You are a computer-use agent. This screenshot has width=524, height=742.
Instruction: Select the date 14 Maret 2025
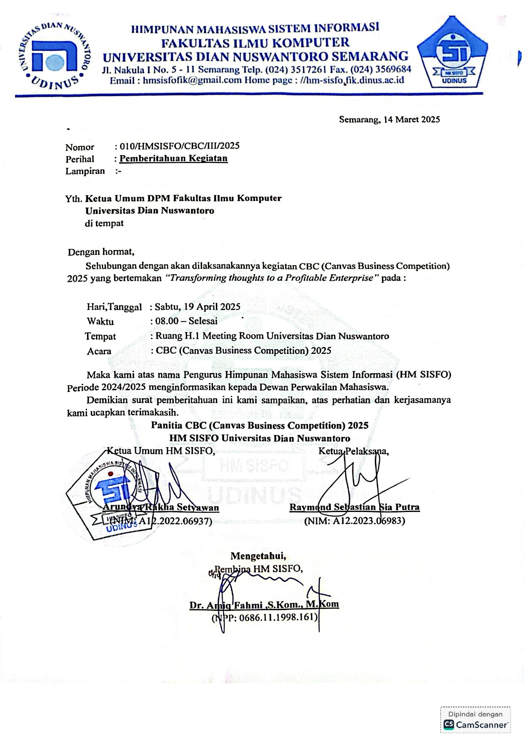click(x=412, y=120)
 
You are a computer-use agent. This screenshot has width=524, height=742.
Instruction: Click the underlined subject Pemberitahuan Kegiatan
click(x=174, y=159)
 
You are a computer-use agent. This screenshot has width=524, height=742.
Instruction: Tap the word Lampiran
click(x=85, y=171)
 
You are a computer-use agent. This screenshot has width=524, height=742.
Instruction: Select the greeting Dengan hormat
click(x=101, y=252)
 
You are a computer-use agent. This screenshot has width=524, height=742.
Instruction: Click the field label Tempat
click(x=100, y=337)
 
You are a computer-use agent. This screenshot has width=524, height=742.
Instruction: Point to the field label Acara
click(x=99, y=351)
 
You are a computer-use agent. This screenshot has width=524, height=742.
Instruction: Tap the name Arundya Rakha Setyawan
click(x=161, y=507)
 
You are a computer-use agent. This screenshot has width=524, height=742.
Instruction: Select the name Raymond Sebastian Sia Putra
click(x=354, y=507)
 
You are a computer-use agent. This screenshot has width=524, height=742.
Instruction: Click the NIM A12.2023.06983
click(x=354, y=521)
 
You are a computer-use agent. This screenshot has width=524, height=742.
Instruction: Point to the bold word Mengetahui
click(x=258, y=556)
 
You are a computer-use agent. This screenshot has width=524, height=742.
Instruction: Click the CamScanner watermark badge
click(x=475, y=720)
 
